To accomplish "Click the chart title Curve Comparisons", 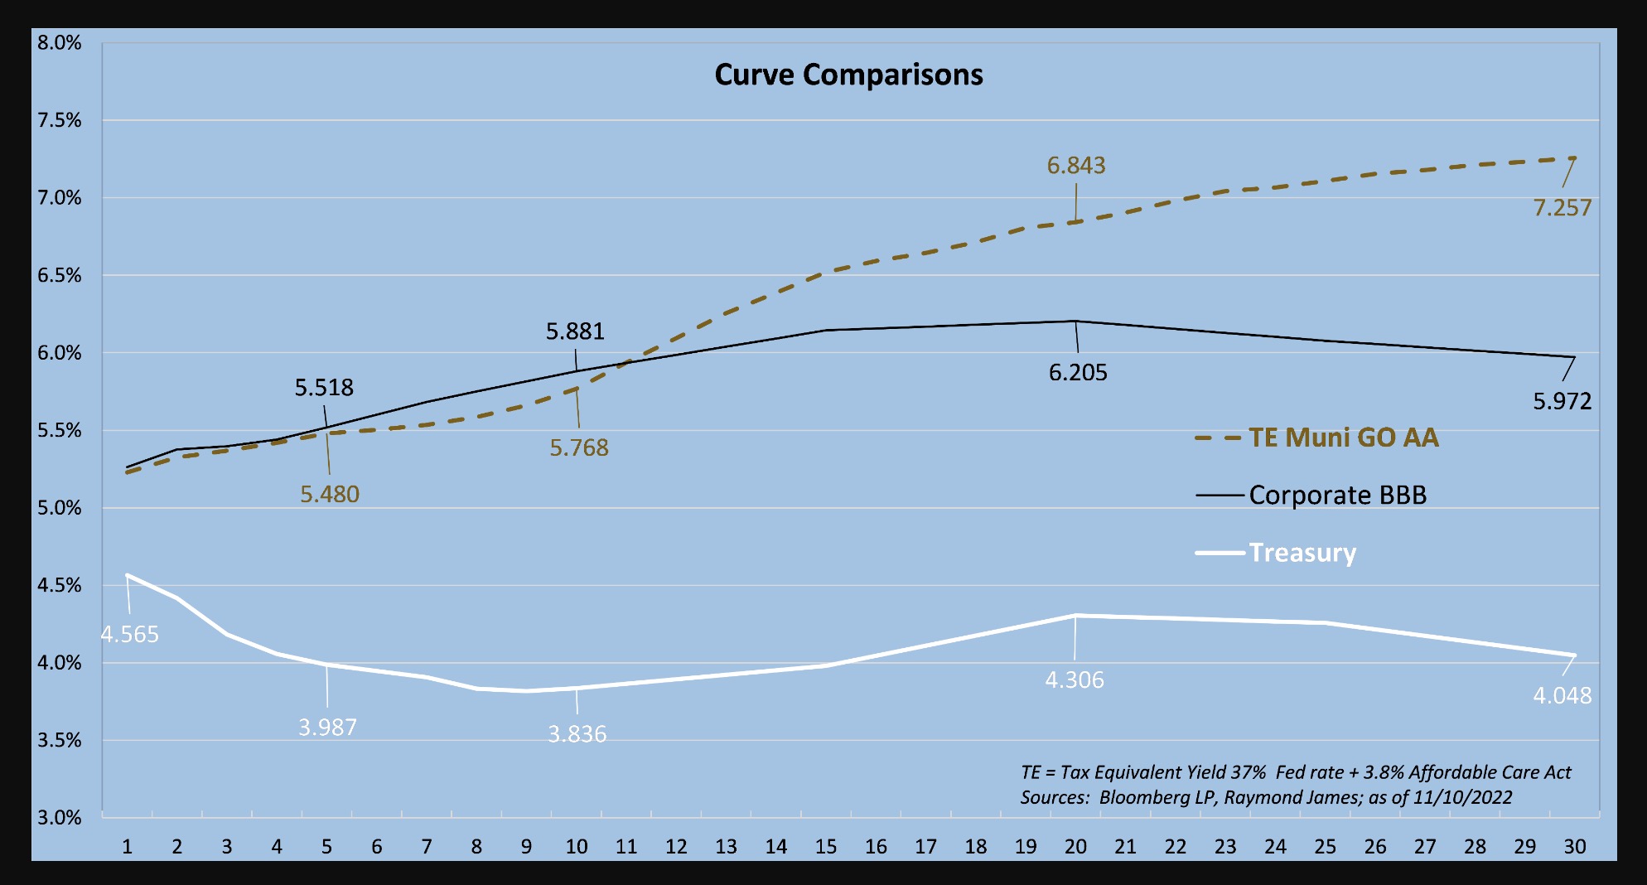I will point(848,75).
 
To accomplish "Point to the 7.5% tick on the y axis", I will point(60,120).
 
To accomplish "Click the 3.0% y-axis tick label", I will point(60,818).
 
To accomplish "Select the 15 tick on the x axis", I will point(825,846).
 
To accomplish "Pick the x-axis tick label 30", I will point(1574,846).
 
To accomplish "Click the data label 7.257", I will point(1562,207).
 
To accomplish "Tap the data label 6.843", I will point(1075,166).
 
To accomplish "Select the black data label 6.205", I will point(1077,373).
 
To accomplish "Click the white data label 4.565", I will point(129,635).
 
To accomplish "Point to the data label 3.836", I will point(577,734).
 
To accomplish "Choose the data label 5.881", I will point(575,331).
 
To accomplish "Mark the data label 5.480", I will point(329,495).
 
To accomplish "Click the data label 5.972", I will point(1562,402).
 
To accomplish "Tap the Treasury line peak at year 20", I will point(1075,616).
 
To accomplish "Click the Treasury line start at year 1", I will point(128,575).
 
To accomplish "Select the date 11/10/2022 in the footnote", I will point(1462,797).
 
